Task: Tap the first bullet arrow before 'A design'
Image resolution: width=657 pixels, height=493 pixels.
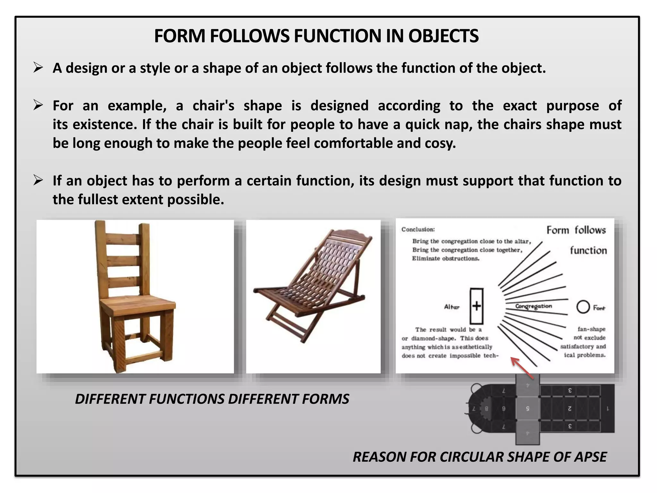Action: click(x=38, y=68)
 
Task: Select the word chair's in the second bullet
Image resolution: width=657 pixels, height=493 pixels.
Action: click(x=213, y=106)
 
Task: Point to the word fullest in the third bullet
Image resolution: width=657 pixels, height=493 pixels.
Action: click(x=98, y=200)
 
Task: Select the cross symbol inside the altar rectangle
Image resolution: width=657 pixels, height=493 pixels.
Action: click(x=476, y=306)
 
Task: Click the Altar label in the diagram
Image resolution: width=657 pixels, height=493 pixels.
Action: click(x=452, y=307)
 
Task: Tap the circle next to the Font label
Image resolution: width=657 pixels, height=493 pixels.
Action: click(x=583, y=307)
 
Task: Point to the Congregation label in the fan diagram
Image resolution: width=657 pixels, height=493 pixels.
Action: click(x=533, y=306)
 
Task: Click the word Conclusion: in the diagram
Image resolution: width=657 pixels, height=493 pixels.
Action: click(x=418, y=229)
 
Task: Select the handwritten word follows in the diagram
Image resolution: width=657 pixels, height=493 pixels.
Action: click(x=590, y=230)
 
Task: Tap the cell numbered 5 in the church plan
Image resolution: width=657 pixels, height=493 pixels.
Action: click(x=527, y=409)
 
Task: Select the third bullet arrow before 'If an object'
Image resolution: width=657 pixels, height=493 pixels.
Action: click(x=38, y=180)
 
